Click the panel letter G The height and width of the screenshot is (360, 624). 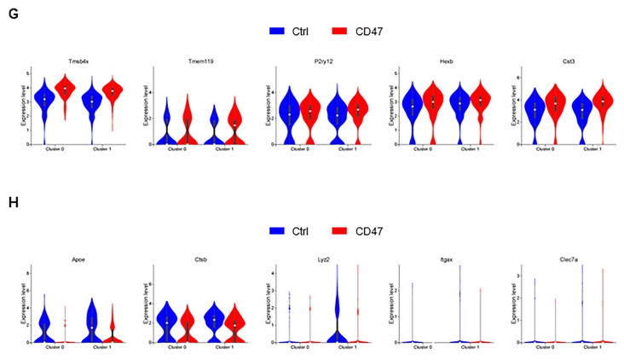click(x=12, y=12)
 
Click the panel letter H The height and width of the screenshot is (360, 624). click(x=13, y=206)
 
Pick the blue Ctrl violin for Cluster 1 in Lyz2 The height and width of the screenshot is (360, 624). click(x=338, y=320)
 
